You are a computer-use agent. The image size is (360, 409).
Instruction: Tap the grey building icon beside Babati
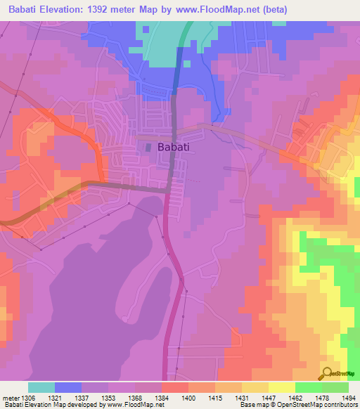click(148, 147)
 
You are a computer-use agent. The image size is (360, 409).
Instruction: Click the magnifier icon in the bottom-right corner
click(326, 374)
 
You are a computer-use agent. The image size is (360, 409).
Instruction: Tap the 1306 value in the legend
click(27, 397)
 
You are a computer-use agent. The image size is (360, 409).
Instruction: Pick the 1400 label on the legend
click(188, 397)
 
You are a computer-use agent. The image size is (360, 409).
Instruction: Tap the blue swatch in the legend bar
click(67, 387)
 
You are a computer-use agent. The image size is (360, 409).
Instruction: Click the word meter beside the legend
click(9, 397)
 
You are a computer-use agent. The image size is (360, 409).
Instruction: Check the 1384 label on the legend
click(161, 397)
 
